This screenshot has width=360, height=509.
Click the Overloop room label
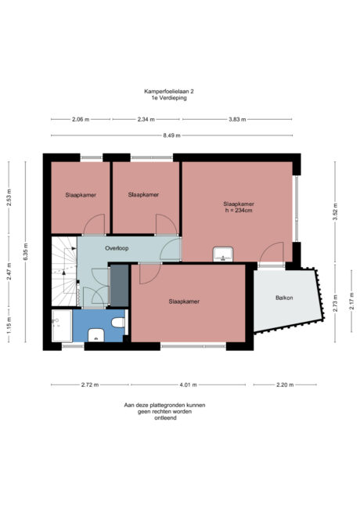coord(117,248)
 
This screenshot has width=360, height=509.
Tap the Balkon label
coord(285,298)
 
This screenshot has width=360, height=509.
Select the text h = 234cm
coord(238,210)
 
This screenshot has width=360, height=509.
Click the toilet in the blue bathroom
coord(118,322)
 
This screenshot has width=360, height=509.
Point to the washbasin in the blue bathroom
coord(95,335)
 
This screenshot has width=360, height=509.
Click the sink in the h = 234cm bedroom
coord(223,254)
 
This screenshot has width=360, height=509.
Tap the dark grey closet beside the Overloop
coord(119,285)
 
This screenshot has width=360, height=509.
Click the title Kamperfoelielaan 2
coord(169,92)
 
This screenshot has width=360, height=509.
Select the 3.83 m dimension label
coord(238,120)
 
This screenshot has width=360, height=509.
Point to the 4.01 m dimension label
coord(188,385)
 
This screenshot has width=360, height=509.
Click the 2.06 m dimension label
coord(80,120)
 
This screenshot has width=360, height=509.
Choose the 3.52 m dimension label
coord(335,211)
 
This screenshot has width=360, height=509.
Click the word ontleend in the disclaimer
coord(163,417)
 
